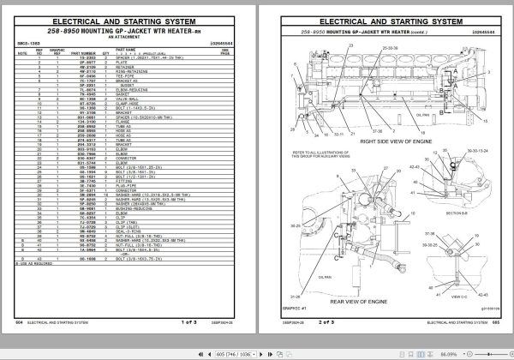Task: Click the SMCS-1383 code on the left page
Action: tap(29, 43)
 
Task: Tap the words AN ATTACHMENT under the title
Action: tap(127, 39)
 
